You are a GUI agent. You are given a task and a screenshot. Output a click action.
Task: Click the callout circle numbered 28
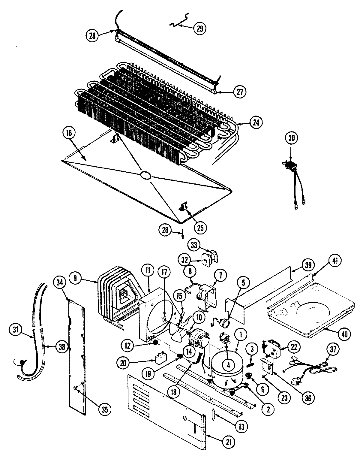[92, 35]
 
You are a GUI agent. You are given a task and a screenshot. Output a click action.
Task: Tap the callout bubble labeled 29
[200, 28]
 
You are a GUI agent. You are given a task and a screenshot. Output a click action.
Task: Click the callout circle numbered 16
[69, 133]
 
